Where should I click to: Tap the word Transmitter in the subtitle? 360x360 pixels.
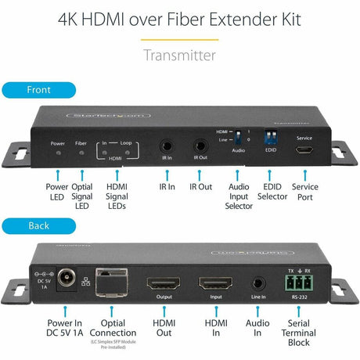[x=179, y=55]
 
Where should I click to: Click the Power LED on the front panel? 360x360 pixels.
[x=58, y=153]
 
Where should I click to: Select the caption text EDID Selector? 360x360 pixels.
[x=272, y=193]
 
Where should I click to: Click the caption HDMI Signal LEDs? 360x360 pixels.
[x=117, y=198]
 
